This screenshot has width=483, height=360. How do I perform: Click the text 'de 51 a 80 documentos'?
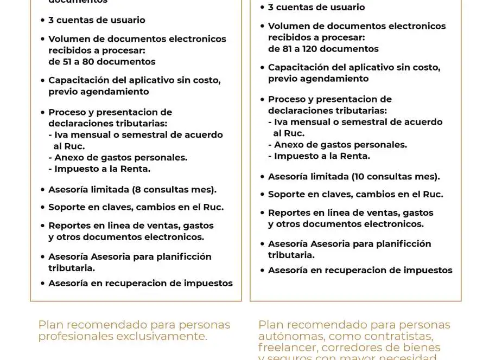click(x=102, y=62)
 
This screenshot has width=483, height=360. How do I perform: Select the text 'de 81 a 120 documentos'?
click(x=323, y=49)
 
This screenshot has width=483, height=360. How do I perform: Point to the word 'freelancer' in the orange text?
click(x=285, y=348)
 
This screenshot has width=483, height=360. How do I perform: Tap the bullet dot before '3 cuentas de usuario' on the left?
click(x=42, y=21)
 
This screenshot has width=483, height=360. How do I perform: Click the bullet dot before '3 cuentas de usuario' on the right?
click(x=262, y=8)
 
